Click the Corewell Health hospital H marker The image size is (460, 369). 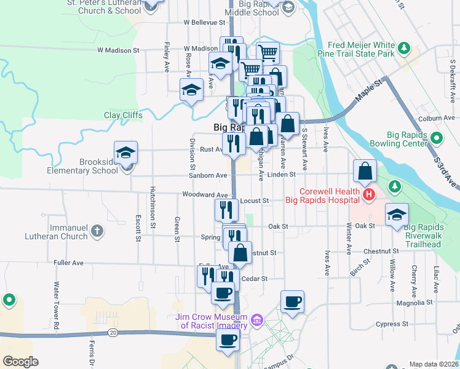point(368,195)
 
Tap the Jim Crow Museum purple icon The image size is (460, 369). point(256,319)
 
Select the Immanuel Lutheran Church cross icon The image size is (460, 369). point(97,231)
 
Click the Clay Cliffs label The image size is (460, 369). point(123,115)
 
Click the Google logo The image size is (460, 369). point(21,362)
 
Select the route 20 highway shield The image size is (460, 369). point(113,333)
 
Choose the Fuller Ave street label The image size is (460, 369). point(68,263)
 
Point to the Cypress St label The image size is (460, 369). point(392,323)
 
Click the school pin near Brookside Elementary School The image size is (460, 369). point(125,153)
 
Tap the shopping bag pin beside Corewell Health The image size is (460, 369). point(365,172)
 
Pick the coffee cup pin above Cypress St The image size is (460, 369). point(293,302)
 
